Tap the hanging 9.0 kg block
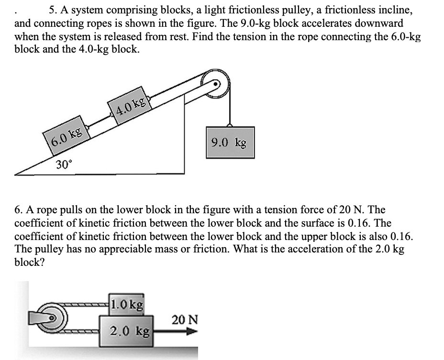(x=230, y=142)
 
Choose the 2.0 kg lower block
(x=126, y=330)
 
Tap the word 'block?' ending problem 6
(x=29, y=263)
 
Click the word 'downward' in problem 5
(x=378, y=23)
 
